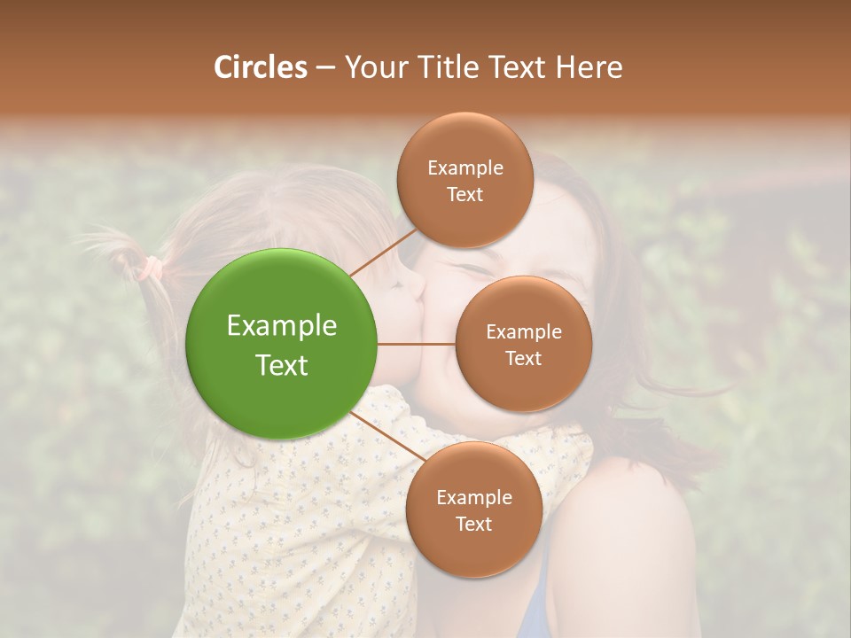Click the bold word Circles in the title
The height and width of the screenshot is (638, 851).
click(x=260, y=66)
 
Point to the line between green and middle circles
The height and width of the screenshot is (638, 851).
click(x=417, y=344)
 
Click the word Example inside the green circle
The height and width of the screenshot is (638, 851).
click(x=282, y=325)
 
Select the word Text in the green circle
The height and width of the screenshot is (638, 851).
click(x=282, y=365)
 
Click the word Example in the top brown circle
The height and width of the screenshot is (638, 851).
click(x=465, y=167)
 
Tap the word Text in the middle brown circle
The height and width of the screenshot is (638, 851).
click(x=523, y=358)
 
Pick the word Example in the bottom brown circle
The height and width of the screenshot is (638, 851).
click(x=473, y=497)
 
